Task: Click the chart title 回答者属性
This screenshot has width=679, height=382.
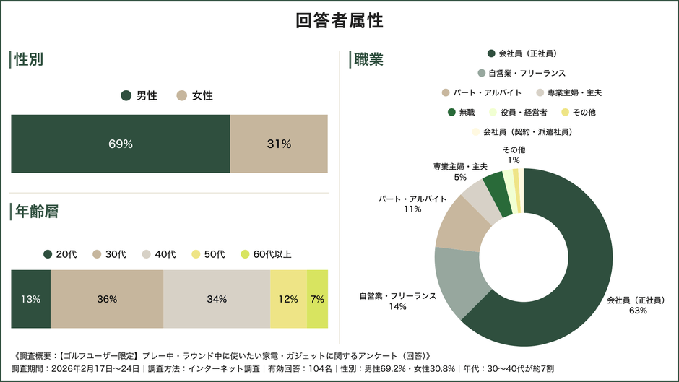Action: (x=339, y=21)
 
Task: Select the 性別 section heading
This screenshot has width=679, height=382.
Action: (x=29, y=59)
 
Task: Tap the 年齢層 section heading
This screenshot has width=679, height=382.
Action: (x=36, y=212)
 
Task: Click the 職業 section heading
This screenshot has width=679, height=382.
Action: (x=368, y=59)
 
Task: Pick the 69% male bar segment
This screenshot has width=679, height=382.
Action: (x=121, y=144)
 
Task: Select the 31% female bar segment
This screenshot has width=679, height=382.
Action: (x=279, y=144)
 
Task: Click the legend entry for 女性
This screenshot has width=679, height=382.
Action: (x=195, y=95)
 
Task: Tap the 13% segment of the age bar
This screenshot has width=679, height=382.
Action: (x=30, y=299)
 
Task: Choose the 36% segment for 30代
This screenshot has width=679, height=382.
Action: (x=107, y=299)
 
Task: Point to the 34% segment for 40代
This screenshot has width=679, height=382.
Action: (x=217, y=299)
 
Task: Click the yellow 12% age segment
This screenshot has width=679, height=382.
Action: (x=288, y=299)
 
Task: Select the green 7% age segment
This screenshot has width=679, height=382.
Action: (x=317, y=299)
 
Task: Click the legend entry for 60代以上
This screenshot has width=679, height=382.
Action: (x=267, y=254)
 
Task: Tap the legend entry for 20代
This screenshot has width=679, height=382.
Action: (x=60, y=254)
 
